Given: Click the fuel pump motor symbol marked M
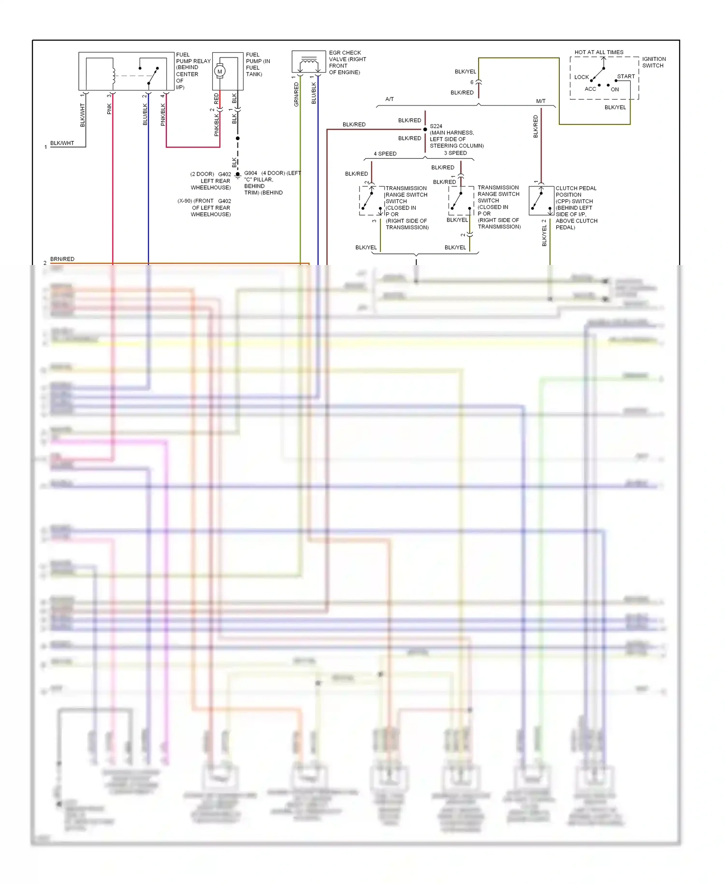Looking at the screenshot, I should tap(220, 71).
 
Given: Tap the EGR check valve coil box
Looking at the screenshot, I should tap(308, 62).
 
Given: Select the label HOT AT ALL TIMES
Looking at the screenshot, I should tap(599, 52).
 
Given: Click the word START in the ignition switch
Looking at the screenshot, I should tap(626, 76).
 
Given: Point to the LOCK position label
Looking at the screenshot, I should tap(581, 77).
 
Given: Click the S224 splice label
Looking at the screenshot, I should tap(436, 126).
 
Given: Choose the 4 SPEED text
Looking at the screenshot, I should tap(385, 154).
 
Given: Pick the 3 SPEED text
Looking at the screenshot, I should tap(455, 153).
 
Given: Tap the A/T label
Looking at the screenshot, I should tap(390, 99).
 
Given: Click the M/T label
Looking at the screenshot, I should tap(541, 101).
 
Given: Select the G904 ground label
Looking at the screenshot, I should tap(251, 173).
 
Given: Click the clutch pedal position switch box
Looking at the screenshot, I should tap(541, 200).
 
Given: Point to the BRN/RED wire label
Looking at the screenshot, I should tap(62, 259).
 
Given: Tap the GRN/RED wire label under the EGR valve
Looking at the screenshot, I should tap(296, 94).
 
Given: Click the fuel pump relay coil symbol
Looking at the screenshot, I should tap(114, 74).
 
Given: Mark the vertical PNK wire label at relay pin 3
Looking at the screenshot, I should tap(109, 109).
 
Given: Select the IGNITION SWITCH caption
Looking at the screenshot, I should tap(653, 62).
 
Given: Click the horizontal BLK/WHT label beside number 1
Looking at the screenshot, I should tap(62, 143).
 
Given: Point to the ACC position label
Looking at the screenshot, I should tap(590, 89).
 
